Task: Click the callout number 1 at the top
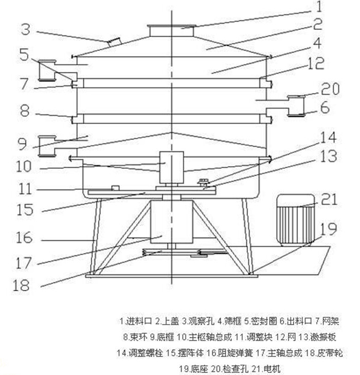click(x=318, y=7)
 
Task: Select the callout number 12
click(x=316, y=63)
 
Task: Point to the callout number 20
click(x=329, y=89)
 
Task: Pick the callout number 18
click(x=21, y=285)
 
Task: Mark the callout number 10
click(x=23, y=166)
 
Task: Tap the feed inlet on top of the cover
click(x=172, y=31)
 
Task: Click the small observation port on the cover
click(x=114, y=40)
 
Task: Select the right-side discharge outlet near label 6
click(x=295, y=105)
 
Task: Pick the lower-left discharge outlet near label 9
click(x=48, y=146)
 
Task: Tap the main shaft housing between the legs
click(x=171, y=222)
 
